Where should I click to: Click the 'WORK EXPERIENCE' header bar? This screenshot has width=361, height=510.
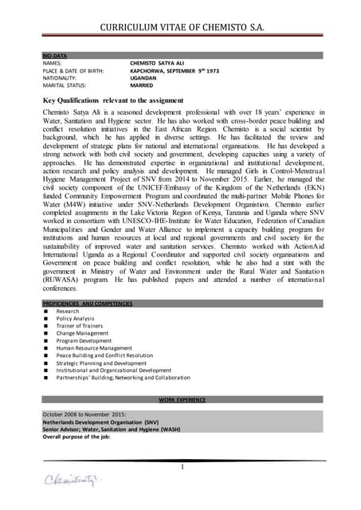pos(182,399)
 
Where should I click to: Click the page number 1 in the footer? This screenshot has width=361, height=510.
pos(182,466)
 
